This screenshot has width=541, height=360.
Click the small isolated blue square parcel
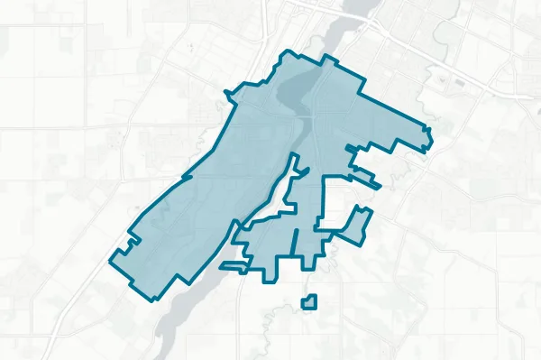tap(309, 302)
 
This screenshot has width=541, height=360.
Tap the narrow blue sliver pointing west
tap(232, 267)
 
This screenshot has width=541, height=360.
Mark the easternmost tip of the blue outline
tap(432, 137)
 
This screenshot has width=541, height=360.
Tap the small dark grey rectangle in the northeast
tap(460, 83)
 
